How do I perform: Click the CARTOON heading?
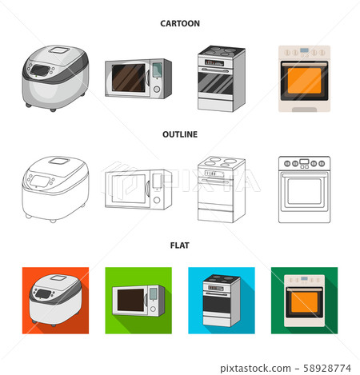181,24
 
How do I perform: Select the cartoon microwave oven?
138,78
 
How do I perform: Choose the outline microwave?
138,189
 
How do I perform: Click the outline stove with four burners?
221,188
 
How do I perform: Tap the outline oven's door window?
302,192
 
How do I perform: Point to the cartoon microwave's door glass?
129,78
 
